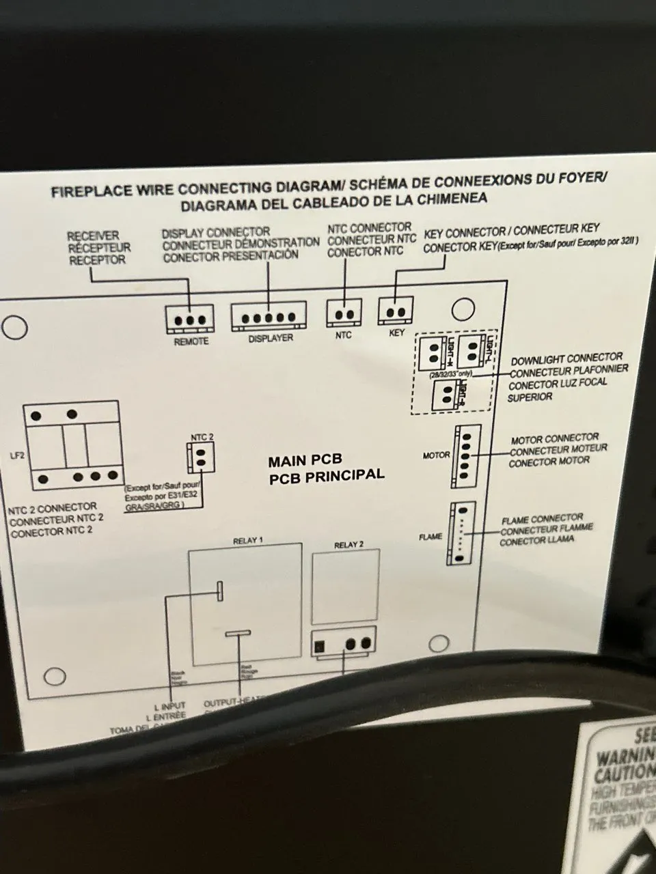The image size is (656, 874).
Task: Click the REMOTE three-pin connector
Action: [189, 319]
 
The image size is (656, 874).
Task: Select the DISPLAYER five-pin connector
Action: [267, 317]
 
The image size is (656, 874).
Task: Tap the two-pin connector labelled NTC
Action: [344, 313]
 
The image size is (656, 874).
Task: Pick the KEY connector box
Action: [396, 312]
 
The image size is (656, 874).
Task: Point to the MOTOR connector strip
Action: [465, 455]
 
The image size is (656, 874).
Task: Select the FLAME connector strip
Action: [461, 534]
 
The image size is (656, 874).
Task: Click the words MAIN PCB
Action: [304, 461]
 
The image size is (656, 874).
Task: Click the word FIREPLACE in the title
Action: [90, 191]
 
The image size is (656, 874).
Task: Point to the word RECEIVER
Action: [93, 236]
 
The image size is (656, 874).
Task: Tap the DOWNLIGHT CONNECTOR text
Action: [566, 358]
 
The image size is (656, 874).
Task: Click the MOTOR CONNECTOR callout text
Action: [555, 438]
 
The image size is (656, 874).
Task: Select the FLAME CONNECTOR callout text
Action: [542, 519]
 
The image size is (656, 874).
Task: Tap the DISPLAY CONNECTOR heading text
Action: [216, 233]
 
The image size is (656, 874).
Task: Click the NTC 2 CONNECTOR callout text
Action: [53, 508]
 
